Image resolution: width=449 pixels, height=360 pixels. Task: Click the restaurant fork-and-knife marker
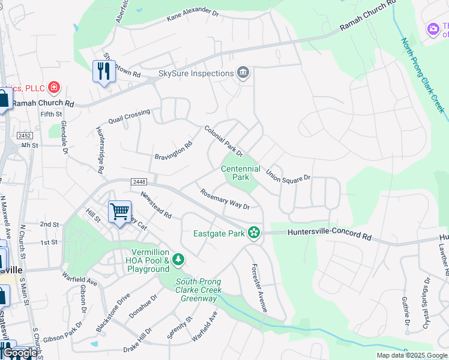pyautogui.click(x=104, y=71)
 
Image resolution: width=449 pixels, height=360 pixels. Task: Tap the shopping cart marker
pyautogui.click(x=119, y=211)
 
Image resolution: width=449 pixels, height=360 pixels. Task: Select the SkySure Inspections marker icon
pyautogui.click(x=243, y=73)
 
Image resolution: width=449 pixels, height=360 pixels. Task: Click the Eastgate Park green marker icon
pyautogui.click(x=255, y=232)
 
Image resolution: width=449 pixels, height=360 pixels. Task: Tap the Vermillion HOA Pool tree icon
pyautogui.click(x=178, y=260)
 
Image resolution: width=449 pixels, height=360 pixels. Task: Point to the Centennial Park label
pyautogui.click(x=241, y=173)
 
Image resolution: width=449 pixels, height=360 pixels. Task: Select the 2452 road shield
pyautogui.click(x=25, y=136)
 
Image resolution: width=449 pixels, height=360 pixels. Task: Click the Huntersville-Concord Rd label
pyautogui.click(x=330, y=233)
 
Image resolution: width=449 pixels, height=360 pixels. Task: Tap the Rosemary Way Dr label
pyautogui.click(x=224, y=199)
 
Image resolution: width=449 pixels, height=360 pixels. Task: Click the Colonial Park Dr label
pyautogui.click(x=223, y=141)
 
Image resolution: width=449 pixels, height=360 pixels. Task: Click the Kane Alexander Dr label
pyautogui.click(x=192, y=16)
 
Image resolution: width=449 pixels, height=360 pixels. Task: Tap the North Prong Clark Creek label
pyautogui.click(x=423, y=74)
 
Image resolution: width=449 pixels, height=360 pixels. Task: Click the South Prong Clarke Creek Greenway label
pyautogui.click(x=199, y=290)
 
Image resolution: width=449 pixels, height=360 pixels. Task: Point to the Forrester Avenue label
pyautogui.click(x=259, y=287)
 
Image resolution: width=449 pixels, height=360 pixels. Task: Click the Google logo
pyautogui.click(x=20, y=353)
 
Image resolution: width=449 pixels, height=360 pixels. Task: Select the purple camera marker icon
pyautogui.click(x=433, y=29)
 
